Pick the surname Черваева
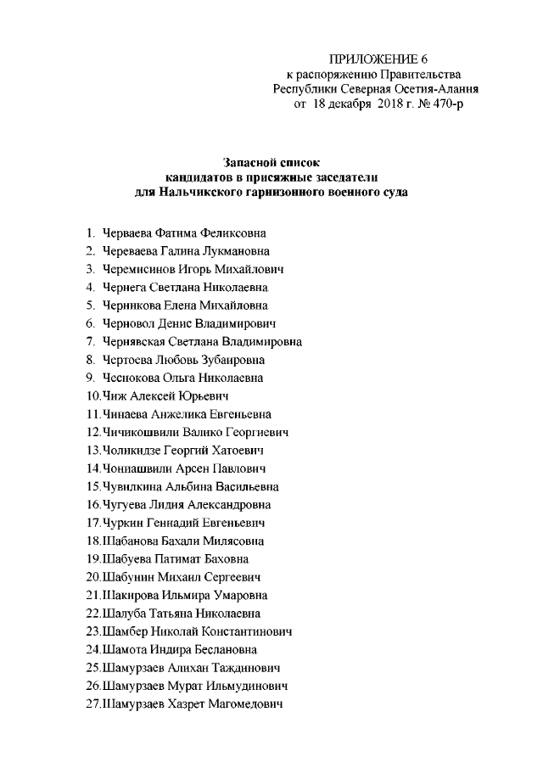[x=128, y=232]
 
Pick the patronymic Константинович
[x=247, y=631]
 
